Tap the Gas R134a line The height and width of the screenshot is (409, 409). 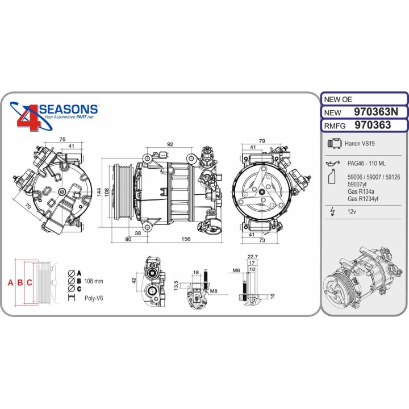361,191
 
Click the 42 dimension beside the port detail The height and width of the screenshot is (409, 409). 134,279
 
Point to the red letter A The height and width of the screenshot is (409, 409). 10,282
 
